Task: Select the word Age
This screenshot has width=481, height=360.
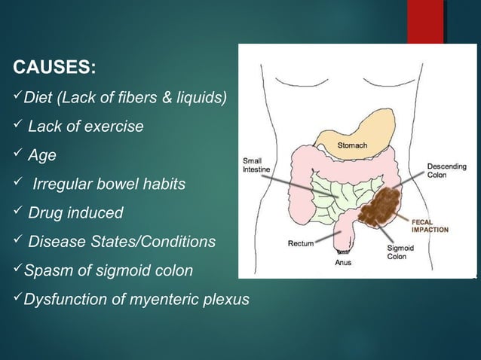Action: click(41, 155)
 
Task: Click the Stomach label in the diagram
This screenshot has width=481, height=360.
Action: click(352, 145)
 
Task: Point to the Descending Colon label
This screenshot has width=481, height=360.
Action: click(446, 170)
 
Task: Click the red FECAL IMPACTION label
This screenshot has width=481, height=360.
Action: click(429, 226)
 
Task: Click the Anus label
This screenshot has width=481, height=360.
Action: click(343, 263)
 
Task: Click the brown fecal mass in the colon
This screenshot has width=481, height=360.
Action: click(386, 206)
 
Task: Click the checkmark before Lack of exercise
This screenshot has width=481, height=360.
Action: click(17, 127)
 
